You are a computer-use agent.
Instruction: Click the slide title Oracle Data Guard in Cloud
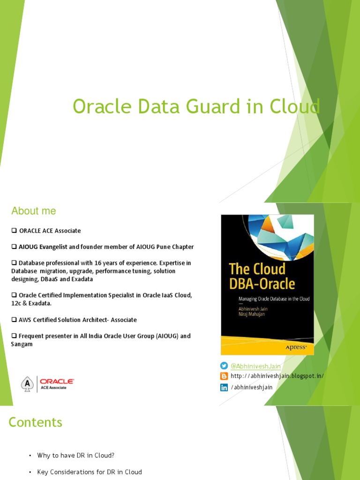196,106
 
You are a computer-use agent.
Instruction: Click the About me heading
34,211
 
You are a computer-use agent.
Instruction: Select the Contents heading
36,422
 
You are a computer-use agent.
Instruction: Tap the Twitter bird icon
224,366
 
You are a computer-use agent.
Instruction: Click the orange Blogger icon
224,376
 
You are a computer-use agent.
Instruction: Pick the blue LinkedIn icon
224,387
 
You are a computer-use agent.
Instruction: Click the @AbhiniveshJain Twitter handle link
255,366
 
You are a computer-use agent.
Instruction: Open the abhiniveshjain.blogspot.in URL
277,376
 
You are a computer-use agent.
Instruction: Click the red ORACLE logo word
57,382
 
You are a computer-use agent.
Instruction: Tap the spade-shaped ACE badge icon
28,384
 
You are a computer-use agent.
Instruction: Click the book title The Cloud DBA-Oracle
262,276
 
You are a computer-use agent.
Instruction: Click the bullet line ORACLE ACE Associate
50,231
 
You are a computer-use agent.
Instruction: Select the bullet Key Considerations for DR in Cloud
90,472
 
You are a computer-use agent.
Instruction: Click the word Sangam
22,344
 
